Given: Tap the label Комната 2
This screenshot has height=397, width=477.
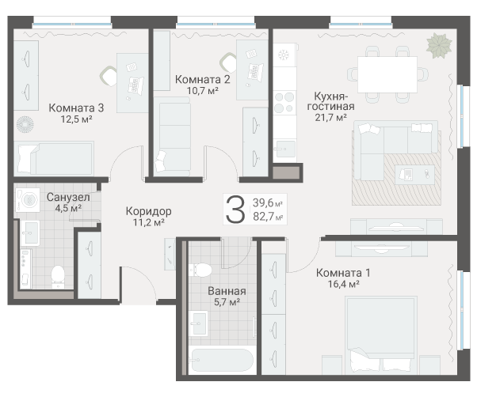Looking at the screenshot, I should point(203,79).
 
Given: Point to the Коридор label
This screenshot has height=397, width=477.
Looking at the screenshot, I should point(148,211).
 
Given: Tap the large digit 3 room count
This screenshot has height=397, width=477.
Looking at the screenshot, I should point(235,210).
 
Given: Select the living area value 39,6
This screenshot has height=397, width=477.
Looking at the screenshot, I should point(267,203).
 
